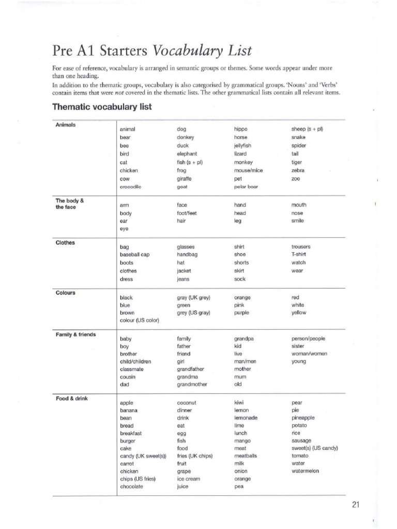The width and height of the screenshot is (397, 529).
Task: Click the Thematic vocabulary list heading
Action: (102, 107)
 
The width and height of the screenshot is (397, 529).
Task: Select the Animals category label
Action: (66, 125)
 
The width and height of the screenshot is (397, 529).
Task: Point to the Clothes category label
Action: (65, 242)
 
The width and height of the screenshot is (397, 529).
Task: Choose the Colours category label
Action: (66, 293)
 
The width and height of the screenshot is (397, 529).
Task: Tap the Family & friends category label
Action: (75, 334)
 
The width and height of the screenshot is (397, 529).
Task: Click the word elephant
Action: (187, 154)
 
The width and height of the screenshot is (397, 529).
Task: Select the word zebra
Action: (298, 170)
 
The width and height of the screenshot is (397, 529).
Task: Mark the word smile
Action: (297, 221)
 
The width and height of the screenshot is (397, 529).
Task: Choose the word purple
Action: (242, 313)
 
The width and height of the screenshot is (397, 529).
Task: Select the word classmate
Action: (132, 369)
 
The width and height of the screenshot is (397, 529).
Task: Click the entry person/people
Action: (309, 338)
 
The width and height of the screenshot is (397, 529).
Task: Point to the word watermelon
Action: (305, 471)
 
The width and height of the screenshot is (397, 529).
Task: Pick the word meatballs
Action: (246, 456)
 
